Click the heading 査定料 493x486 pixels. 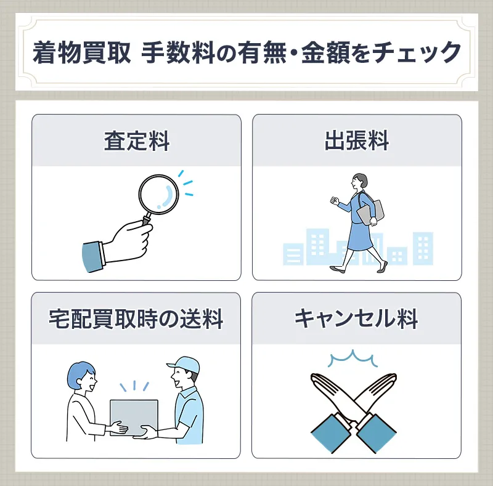pyautogui.click(x=136, y=142)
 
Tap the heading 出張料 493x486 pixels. pyautogui.click(x=357, y=142)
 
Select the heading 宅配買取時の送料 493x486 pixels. pyautogui.click(x=136, y=319)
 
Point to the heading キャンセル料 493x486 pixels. pyautogui.click(x=357, y=319)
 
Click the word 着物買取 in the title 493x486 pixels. pyautogui.click(x=81, y=52)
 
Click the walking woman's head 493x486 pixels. pyautogui.click(x=359, y=182)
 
